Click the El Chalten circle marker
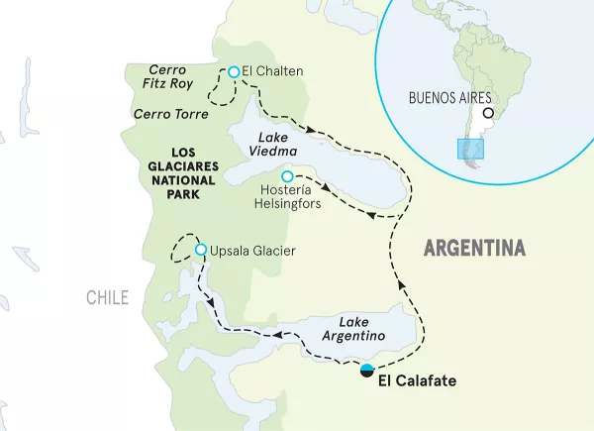pos(234,71)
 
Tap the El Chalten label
pos(272,71)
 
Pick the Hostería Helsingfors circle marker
pos(288,176)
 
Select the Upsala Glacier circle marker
pos(201,250)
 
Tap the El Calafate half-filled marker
pos(367,371)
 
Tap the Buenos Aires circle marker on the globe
pos(487,112)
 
